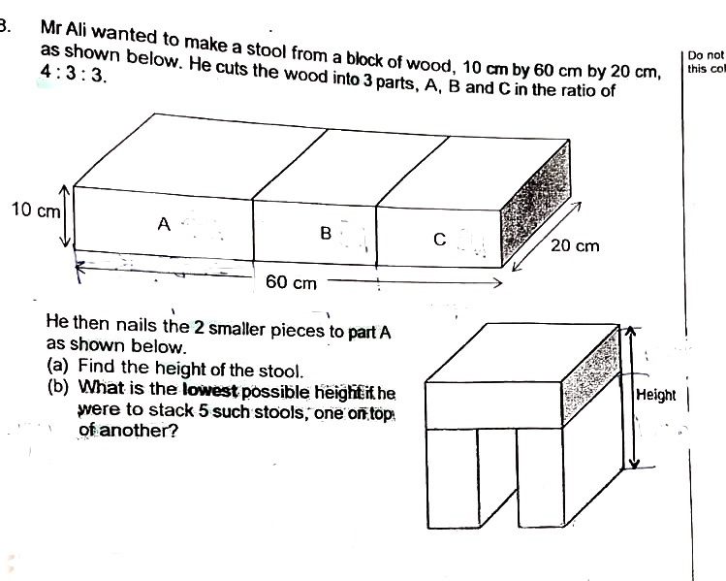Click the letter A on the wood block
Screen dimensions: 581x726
point(165,224)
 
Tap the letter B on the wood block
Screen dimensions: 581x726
point(326,233)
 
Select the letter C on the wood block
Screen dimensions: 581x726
point(439,240)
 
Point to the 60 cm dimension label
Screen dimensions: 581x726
point(291,283)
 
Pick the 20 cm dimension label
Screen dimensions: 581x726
point(575,246)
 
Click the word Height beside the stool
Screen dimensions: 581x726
point(655,395)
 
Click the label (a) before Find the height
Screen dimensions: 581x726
point(58,368)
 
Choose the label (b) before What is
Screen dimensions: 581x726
point(58,390)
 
